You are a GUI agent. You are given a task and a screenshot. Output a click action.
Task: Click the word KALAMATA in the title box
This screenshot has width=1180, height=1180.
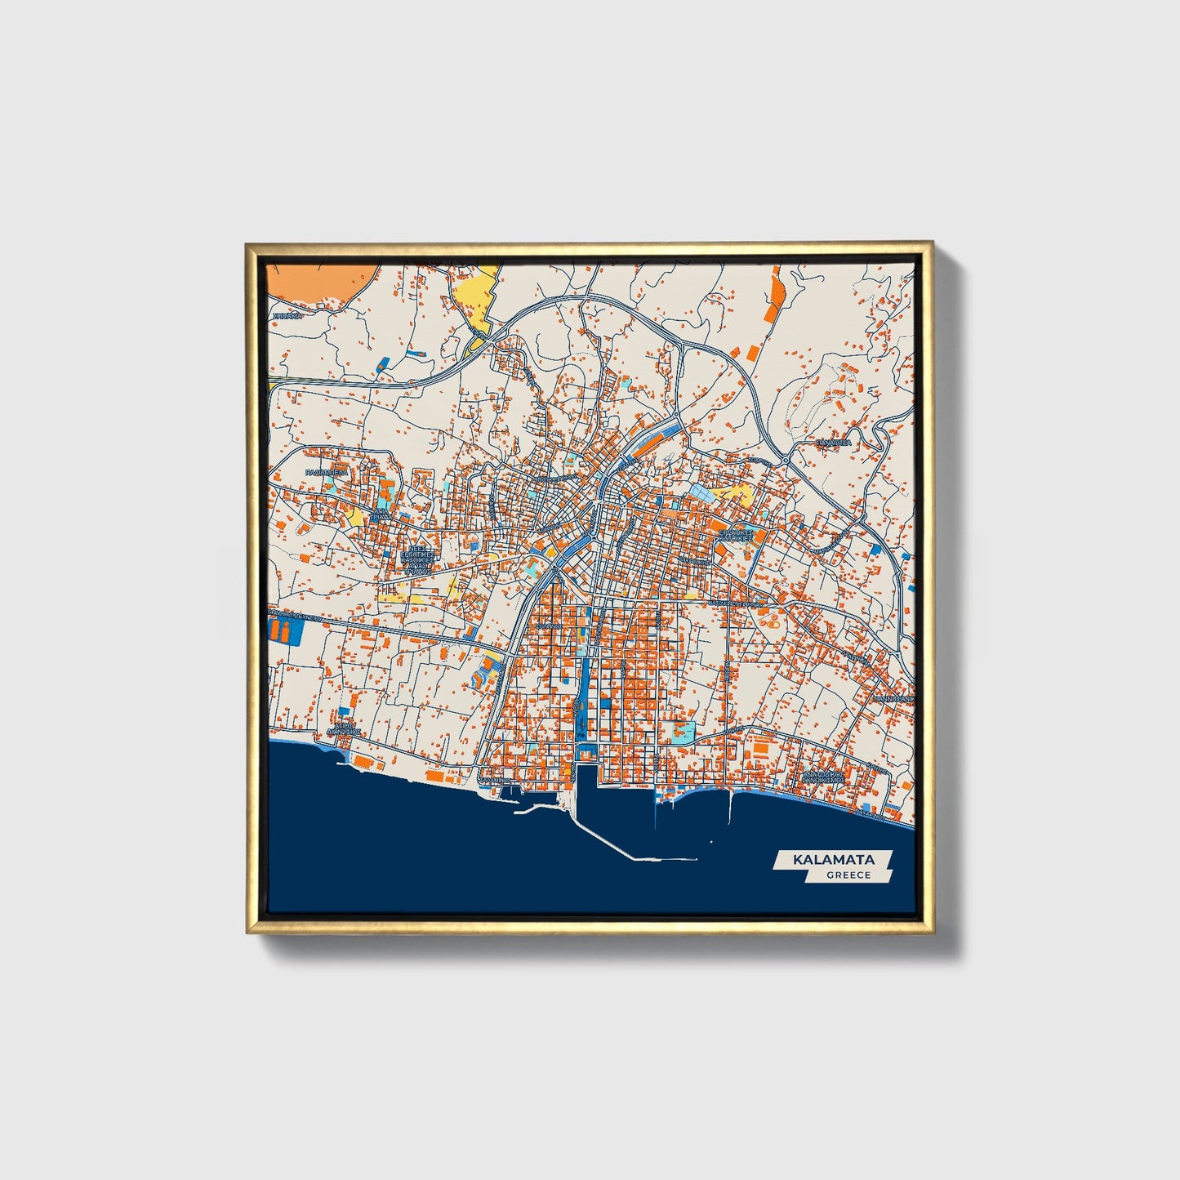[833, 860]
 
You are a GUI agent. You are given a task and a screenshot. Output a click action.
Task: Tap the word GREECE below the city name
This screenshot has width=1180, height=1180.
[848, 875]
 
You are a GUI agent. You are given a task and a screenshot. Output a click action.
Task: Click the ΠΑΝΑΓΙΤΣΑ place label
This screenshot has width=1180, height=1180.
[833, 443]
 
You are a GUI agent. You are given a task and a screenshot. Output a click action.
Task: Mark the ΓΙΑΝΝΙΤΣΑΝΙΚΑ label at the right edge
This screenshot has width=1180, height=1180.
[893, 700]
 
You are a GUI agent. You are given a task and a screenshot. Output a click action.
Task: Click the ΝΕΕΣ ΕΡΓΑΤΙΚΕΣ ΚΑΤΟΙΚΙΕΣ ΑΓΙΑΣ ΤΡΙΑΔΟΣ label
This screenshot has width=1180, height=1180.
[416, 560]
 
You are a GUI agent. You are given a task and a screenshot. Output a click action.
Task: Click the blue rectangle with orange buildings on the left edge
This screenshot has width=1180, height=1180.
[284, 630]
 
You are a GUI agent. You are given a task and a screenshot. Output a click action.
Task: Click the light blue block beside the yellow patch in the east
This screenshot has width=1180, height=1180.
[702, 492]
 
